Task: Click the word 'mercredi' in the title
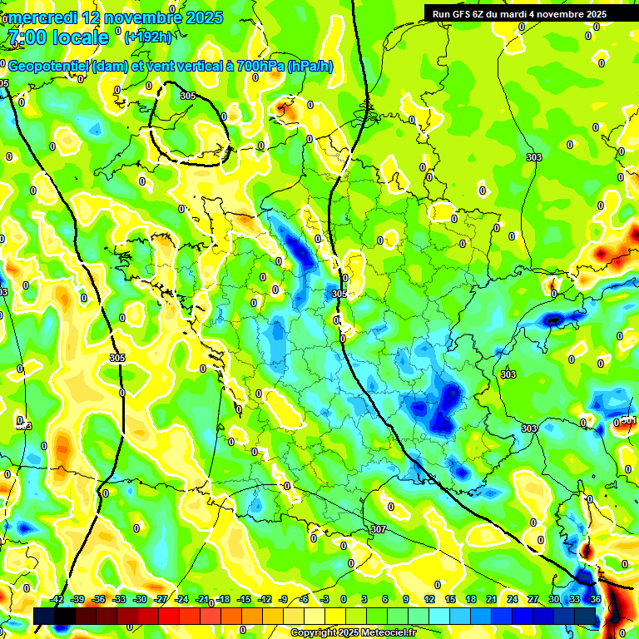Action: click(x=42, y=17)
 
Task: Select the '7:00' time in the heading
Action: click(x=26, y=37)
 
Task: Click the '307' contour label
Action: click(x=379, y=529)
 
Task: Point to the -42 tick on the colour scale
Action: click(x=57, y=598)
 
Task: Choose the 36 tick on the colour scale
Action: click(x=596, y=598)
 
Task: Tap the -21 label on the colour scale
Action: click(x=202, y=598)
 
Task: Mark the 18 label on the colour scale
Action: click(x=471, y=598)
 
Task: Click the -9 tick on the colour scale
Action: click(x=285, y=598)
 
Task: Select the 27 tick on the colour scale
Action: click(x=533, y=598)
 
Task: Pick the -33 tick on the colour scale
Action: click(x=119, y=598)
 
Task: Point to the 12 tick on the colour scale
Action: click(x=429, y=598)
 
